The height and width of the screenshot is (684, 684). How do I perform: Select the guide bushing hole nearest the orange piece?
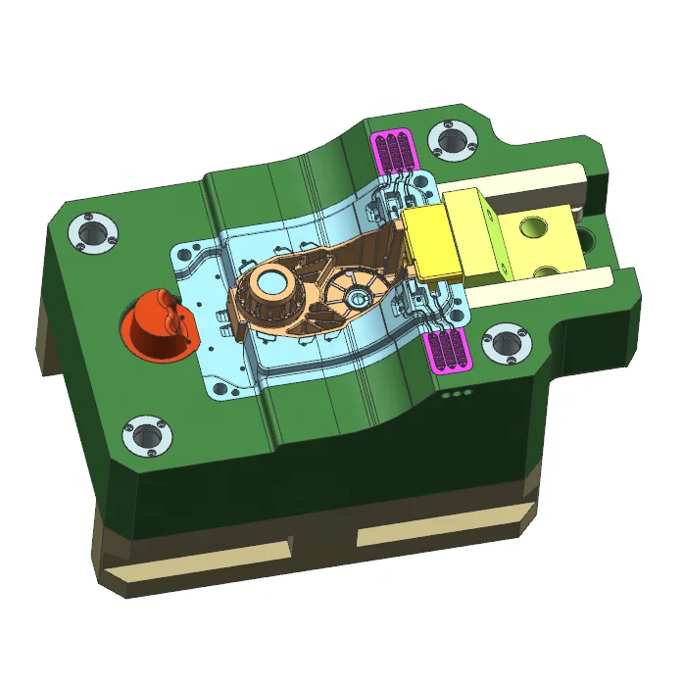93,233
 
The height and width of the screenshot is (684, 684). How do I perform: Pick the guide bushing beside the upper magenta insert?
451,140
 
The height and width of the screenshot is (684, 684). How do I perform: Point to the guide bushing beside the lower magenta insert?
505,343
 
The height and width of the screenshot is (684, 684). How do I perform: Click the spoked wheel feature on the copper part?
353,293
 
